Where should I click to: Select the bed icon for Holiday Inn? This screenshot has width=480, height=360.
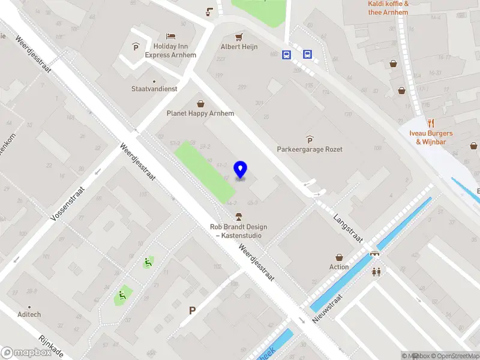tap(171, 36)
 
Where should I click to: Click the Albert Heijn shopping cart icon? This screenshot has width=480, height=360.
tap(239, 37)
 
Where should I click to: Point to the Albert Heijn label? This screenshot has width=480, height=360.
tap(239, 47)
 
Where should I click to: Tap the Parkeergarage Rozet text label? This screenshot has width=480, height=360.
tap(310, 149)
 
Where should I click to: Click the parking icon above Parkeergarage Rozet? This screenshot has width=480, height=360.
tap(310, 139)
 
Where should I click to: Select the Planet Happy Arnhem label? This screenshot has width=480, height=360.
tap(200, 113)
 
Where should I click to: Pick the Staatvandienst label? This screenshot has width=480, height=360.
tap(154, 89)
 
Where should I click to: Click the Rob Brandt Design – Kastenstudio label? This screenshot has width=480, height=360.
tap(238, 231)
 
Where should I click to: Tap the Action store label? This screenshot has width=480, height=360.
tap(339, 267)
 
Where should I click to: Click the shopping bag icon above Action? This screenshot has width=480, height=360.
tap(339, 257)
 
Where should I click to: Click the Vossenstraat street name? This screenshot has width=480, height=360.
tap(68, 203)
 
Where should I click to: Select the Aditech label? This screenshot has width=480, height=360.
tap(29, 314)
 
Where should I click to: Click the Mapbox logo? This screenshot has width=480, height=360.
tap(26, 353)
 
